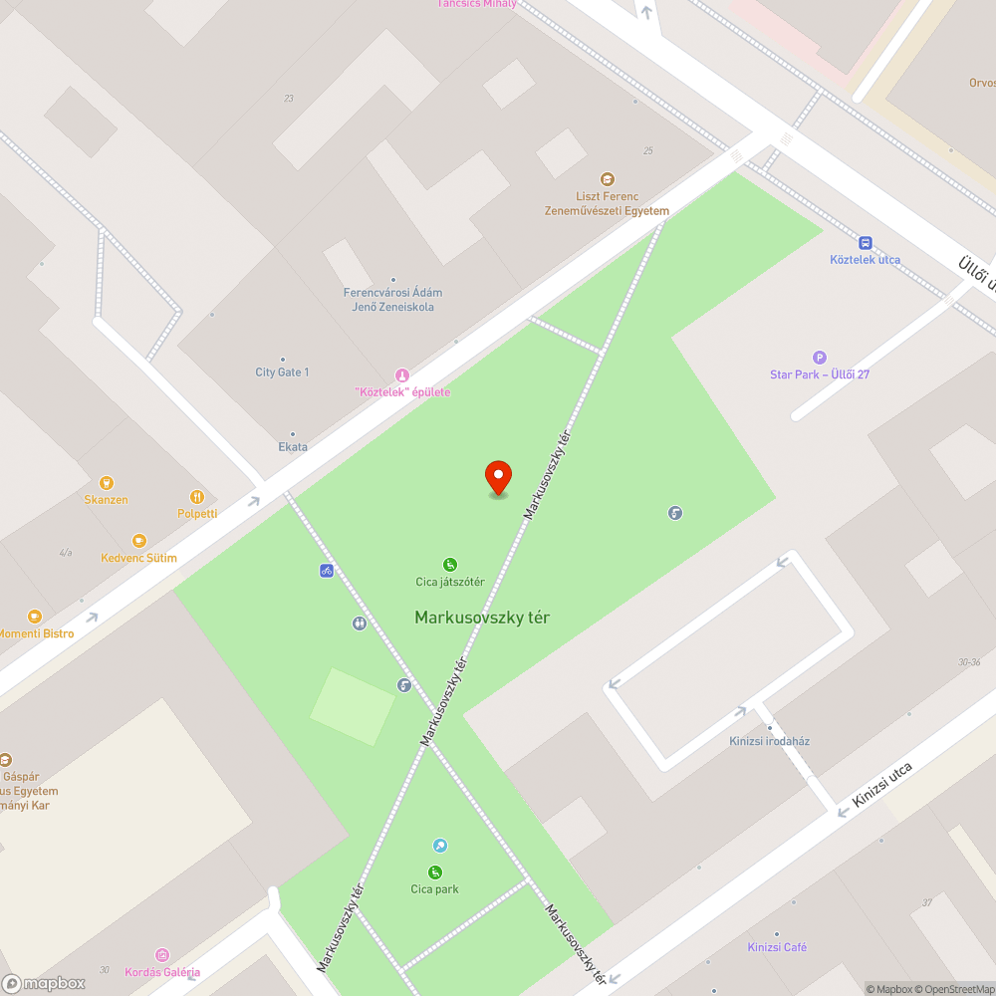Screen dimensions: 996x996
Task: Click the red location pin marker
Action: point(497,477)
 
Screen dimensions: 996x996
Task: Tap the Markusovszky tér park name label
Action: point(482,618)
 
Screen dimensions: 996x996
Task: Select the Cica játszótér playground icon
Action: point(450,565)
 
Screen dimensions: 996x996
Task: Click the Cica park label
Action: point(435,889)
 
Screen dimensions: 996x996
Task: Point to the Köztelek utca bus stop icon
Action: point(866,243)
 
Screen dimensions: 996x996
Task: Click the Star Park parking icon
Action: point(820,358)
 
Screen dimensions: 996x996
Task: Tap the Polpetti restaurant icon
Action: point(197,497)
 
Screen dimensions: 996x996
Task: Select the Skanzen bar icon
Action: point(107,483)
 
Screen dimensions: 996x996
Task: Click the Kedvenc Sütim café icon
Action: point(138,541)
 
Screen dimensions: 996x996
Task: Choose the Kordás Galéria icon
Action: point(162,955)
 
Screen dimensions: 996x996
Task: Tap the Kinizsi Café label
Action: point(777,947)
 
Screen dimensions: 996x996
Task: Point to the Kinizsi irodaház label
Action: point(769,741)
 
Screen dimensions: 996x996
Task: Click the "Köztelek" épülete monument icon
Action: point(402,375)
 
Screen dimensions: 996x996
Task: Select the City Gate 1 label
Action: point(282,373)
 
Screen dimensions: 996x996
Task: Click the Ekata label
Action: point(293,447)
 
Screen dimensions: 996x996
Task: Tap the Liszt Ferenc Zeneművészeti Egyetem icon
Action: point(608,179)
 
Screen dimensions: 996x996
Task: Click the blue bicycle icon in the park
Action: point(326,571)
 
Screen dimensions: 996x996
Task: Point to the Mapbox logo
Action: point(44,983)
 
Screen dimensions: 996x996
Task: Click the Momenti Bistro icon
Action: point(35,618)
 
